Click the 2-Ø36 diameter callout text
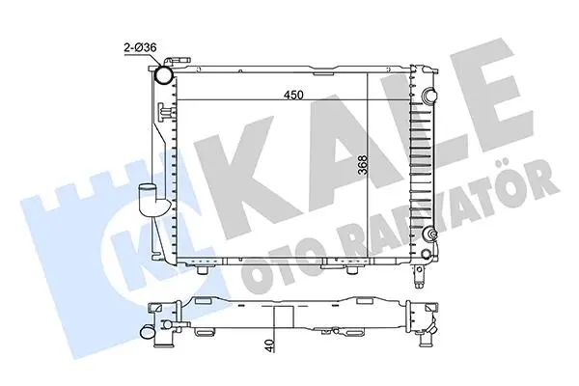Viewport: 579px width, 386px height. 140,47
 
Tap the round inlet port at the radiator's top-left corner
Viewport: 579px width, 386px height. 163,74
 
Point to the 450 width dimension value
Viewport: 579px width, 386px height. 293,95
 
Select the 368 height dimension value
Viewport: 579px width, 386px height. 363,165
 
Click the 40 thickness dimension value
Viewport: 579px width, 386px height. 270,345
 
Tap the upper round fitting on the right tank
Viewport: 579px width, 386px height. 429,95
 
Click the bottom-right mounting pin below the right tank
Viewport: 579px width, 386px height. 419,277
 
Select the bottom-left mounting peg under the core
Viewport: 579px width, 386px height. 203,270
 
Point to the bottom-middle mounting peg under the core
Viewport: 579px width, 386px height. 351,270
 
